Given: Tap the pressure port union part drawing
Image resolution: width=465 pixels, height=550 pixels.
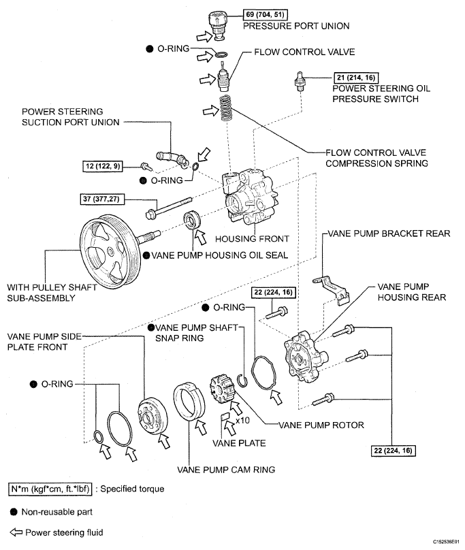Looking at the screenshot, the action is (217, 25).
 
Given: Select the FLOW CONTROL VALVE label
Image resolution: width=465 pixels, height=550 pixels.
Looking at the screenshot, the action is (304, 52).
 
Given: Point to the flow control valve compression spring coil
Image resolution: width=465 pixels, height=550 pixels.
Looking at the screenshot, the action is (225, 108).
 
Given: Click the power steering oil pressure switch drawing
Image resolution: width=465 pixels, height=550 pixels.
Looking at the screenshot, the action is (300, 82).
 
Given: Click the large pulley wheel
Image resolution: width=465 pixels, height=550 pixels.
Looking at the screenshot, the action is (110, 251).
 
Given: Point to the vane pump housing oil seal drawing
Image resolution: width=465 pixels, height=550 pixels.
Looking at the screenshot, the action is (192, 221).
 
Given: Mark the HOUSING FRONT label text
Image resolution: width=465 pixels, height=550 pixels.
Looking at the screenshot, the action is (252, 239).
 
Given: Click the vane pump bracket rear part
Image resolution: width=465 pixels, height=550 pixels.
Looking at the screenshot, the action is (332, 289).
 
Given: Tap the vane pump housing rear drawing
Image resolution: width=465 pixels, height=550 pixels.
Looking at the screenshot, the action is (304, 357).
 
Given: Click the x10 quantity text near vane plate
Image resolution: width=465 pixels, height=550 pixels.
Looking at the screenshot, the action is (242, 420).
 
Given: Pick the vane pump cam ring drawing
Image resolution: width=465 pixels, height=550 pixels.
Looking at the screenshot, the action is (189, 402).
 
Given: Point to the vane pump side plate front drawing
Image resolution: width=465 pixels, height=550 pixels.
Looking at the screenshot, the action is (153, 417).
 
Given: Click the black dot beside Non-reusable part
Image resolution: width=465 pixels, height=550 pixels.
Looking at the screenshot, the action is (14, 512).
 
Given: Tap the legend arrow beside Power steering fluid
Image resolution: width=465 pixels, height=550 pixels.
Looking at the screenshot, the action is (16, 532).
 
